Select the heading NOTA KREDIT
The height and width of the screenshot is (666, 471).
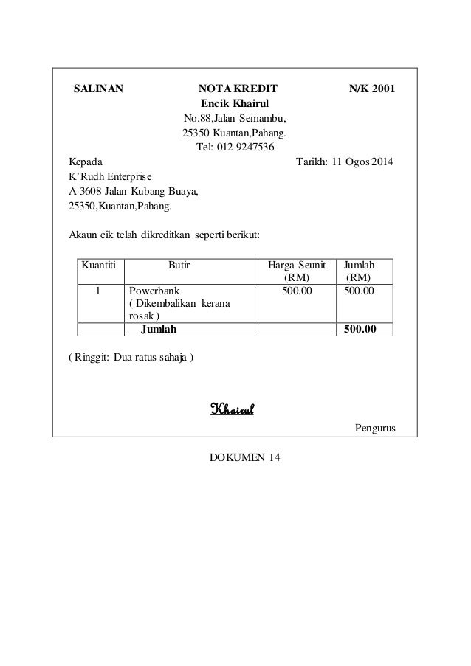[x=235, y=89]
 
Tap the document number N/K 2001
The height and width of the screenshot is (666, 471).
[x=371, y=89]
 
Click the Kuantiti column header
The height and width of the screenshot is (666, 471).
[x=101, y=264]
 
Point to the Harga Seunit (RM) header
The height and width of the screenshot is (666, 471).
[x=296, y=271]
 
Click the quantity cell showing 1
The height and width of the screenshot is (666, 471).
[x=97, y=291]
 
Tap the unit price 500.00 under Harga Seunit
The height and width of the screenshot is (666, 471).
[x=297, y=291]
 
